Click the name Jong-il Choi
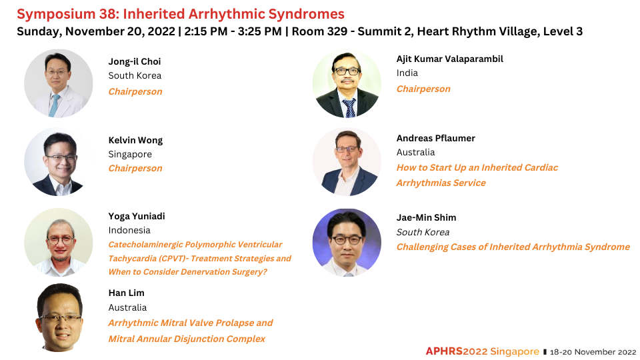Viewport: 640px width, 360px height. click(x=134, y=61)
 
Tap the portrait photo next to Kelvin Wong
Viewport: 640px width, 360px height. click(x=59, y=161)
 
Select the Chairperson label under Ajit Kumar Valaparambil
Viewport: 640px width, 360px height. click(x=423, y=89)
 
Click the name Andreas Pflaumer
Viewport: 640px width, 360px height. click(x=435, y=139)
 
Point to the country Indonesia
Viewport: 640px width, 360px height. click(x=129, y=230)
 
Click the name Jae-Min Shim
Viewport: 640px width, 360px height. click(x=426, y=217)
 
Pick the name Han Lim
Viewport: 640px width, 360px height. click(x=126, y=293)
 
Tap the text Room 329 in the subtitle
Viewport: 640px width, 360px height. click(x=319, y=31)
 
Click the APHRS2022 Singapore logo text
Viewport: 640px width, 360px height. click(x=483, y=351)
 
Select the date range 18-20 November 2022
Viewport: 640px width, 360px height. click(x=593, y=352)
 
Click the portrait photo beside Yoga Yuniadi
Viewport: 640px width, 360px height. click(x=59, y=243)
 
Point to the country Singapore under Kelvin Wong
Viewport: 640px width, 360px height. click(x=130, y=154)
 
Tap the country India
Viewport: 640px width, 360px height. click(x=407, y=73)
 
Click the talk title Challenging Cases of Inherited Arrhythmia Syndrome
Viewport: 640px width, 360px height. click(x=513, y=247)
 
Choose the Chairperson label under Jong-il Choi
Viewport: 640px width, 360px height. click(x=135, y=91)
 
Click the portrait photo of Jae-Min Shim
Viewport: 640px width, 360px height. click(x=347, y=243)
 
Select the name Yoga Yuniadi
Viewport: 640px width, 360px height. click(x=136, y=216)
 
